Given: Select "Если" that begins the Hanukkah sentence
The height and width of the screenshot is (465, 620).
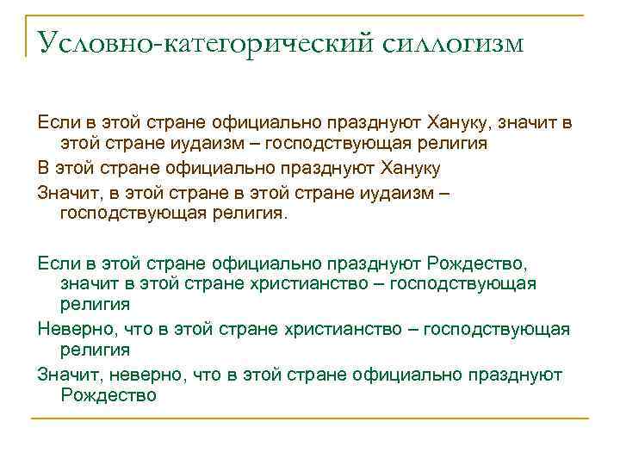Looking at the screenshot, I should click(55, 121).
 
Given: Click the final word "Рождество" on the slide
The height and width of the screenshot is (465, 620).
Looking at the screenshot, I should click(108, 395).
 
